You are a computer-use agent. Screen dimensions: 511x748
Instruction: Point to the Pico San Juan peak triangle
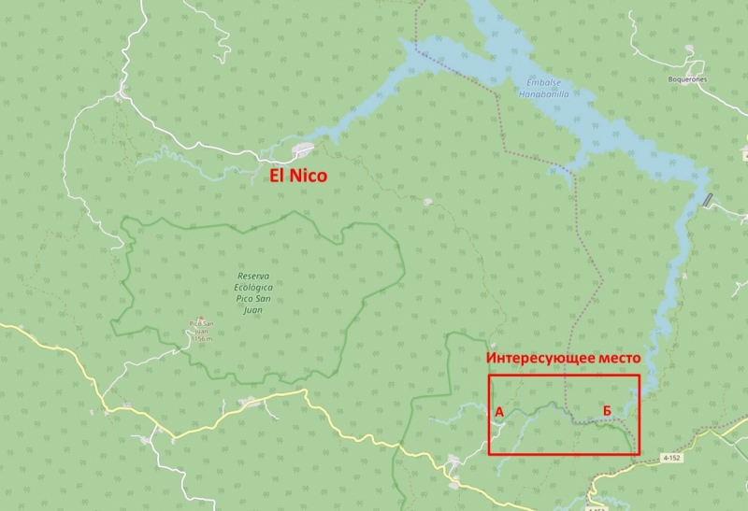198,318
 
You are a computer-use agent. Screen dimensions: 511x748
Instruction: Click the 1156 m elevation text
202,340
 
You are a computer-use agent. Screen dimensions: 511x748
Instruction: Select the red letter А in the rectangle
499,411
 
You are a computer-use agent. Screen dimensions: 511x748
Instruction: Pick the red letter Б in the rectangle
607,411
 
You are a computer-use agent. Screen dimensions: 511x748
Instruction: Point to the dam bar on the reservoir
710,198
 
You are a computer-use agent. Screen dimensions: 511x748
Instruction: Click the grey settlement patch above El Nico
304,149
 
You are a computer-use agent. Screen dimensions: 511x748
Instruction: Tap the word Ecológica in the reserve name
254,289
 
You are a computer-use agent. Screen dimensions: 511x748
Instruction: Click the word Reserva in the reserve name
254,277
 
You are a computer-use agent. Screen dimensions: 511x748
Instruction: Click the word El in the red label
278,175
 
